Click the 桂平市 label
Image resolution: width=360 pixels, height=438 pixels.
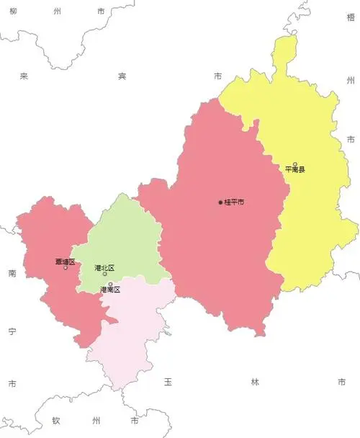click(x=234, y=202)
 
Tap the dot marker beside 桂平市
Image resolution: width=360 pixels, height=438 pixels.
click(x=220, y=202)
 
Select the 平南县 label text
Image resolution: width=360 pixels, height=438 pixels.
click(x=294, y=170)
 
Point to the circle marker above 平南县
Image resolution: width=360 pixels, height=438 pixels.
click(x=294, y=164)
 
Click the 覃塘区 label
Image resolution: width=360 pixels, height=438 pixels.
click(x=65, y=262)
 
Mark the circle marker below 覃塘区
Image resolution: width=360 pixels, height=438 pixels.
click(x=66, y=268)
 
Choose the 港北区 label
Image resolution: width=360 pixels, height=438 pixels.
click(x=104, y=267)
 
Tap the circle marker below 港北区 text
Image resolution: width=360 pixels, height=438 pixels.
click(x=104, y=274)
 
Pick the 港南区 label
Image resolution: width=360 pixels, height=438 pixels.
click(x=110, y=290)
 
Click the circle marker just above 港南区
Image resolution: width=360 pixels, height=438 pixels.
click(x=110, y=284)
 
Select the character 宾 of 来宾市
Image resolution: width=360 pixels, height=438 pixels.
click(x=122, y=76)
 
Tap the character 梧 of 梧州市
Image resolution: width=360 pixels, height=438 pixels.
click(x=351, y=17)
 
